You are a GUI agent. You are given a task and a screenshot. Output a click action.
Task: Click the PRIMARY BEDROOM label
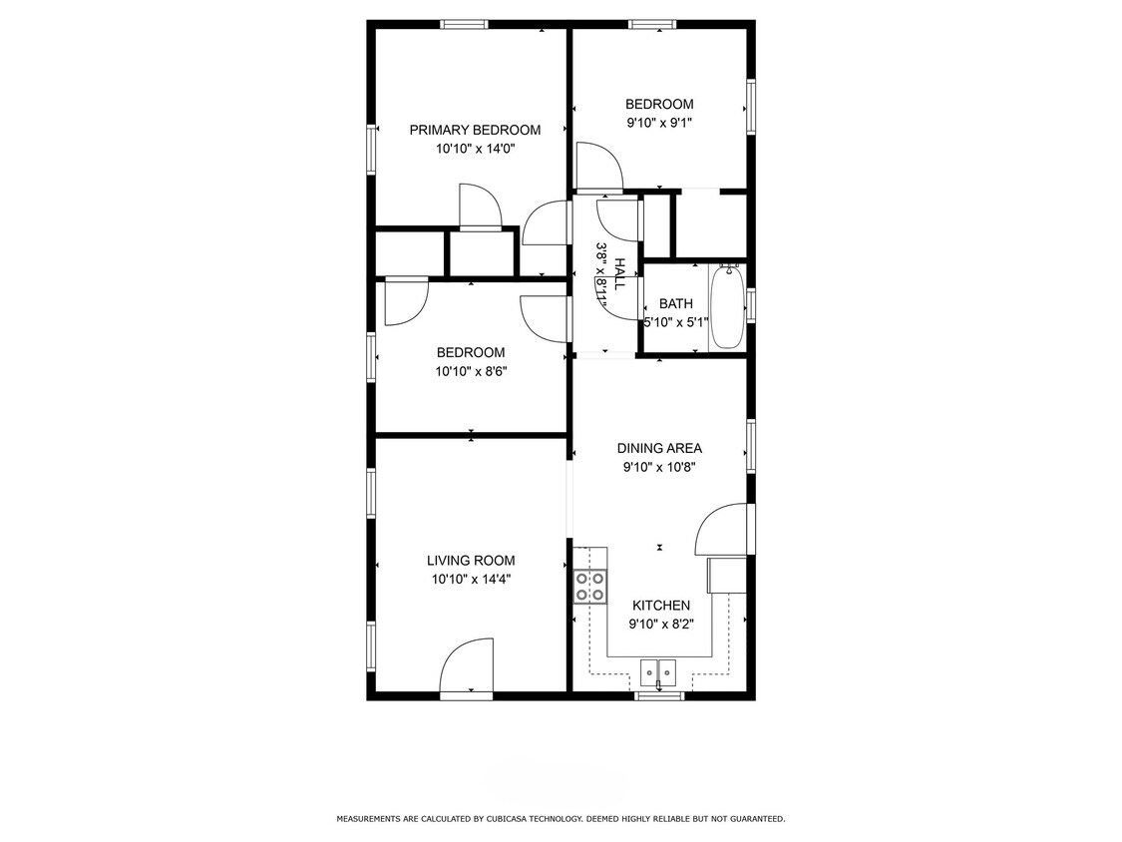tap(475, 130)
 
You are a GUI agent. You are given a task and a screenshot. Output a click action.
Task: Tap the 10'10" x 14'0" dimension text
tap(475, 149)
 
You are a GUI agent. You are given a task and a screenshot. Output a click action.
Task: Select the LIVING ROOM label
tap(471, 561)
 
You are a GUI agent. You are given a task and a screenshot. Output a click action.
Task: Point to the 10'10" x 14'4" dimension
tap(471, 579)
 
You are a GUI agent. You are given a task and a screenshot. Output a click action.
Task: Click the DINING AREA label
tap(658, 448)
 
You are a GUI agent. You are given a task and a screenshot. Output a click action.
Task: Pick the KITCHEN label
tap(661, 606)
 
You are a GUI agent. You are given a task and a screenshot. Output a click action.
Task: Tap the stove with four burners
tap(590, 586)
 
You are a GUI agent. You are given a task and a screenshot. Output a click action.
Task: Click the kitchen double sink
tap(658, 673)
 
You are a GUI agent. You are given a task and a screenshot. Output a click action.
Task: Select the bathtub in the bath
tap(727, 305)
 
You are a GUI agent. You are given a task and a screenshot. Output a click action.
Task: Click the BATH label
tap(675, 304)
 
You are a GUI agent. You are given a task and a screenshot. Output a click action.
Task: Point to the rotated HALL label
tap(619, 273)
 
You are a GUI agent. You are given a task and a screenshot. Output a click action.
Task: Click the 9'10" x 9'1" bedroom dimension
tap(658, 123)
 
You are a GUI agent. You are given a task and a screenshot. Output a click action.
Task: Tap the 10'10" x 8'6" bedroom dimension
tap(470, 371)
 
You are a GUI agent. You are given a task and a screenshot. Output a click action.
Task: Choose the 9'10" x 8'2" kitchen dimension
tap(660, 625)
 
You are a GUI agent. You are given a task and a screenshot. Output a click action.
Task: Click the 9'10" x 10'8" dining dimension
tap(658, 466)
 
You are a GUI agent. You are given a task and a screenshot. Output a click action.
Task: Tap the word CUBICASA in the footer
tap(546, 819)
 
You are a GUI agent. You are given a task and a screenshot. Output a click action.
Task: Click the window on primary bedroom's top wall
tap(465, 24)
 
